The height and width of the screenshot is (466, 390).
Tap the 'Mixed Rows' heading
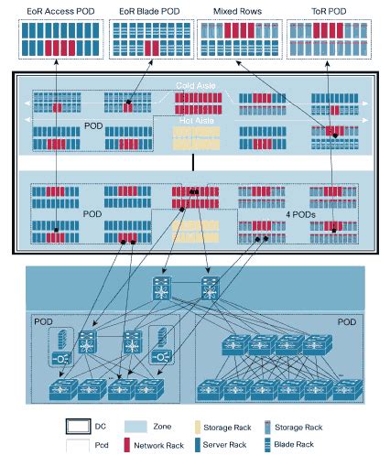point(237,10)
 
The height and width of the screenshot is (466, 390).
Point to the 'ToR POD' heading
point(325,10)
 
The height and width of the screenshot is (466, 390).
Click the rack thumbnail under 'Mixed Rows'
point(237,39)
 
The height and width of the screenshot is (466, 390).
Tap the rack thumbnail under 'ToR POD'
point(325,39)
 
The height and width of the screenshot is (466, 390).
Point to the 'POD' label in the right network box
point(346,322)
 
